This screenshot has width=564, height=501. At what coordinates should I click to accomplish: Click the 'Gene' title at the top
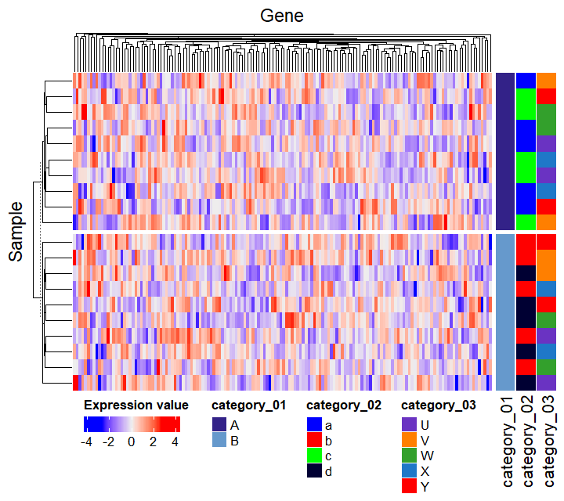pyautogui.click(x=282, y=16)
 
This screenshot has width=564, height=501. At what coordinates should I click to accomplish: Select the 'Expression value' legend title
pyautogui.click(x=136, y=405)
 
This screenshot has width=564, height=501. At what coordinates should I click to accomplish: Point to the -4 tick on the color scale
pyautogui.click(x=86, y=442)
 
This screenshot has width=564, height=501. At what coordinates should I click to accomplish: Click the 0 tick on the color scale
pyautogui.click(x=131, y=442)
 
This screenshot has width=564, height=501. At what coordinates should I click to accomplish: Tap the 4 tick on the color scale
pyautogui.click(x=175, y=442)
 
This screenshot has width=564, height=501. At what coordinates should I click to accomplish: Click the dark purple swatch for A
pyautogui.click(x=219, y=424)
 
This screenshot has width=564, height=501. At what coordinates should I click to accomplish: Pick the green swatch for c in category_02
pyautogui.click(x=313, y=456)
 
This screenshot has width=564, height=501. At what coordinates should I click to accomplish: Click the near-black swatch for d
pyautogui.click(x=313, y=471)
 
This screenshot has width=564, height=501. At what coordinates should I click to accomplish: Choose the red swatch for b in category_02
pyautogui.click(x=313, y=440)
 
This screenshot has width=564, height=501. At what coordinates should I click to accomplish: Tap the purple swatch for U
pyautogui.click(x=408, y=424)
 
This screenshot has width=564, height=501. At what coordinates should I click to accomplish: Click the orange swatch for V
pyautogui.click(x=408, y=440)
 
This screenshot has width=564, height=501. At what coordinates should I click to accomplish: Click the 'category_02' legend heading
pyautogui.click(x=343, y=405)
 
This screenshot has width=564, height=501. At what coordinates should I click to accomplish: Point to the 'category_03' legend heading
pyautogui.click(x=438, y=405)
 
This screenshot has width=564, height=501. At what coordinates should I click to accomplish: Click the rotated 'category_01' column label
pyautogui.click(x=506, y=443)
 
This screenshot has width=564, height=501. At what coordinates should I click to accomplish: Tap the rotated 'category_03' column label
pyautogui.click(x=547, y=443)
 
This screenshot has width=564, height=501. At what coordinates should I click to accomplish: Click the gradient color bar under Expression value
pyautogui.click(x=132, y=424)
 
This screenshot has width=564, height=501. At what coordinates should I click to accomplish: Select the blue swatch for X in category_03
pyautogui.click(x=408, y=471)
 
